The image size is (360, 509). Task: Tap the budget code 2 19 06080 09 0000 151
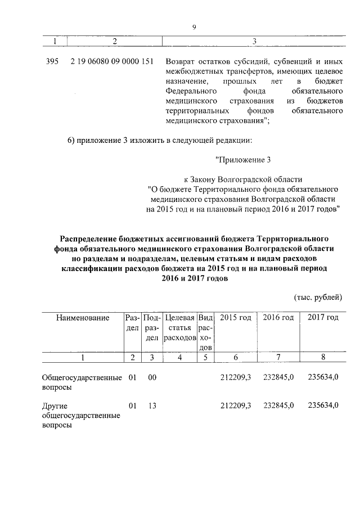click(x=112, y=62)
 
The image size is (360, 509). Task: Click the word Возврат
click(x=181, y=62)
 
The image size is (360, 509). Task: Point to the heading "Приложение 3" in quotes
click(x=244, y=160)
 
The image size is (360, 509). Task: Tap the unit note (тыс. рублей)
click(x=318, y=296)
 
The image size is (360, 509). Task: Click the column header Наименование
click(x=83, y=318)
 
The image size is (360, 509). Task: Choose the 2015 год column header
click(x=235, y=318)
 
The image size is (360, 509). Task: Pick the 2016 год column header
click(x=278, y=318)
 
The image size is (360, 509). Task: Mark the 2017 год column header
click(x=323, y=318)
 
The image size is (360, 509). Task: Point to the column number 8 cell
click(x=323, y=357)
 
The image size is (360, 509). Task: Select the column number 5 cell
click(x=205, y=357)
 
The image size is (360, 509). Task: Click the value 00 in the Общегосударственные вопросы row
click(x=152, y=377)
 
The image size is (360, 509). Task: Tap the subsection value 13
click(x=152, y=406)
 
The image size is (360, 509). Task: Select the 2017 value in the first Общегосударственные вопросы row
click(x=323, y=377)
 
